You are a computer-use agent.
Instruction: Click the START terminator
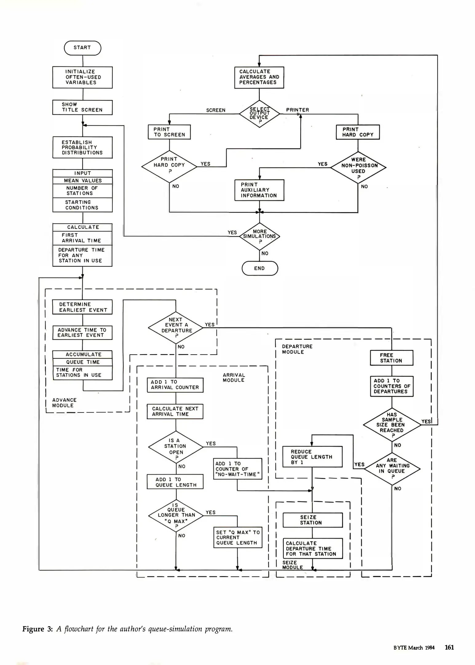tap(82, 48)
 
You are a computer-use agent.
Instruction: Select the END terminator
tap(260, 268)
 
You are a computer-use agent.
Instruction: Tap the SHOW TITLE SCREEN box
tap(82, 107)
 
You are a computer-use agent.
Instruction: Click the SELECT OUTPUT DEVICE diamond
tap(259, 114)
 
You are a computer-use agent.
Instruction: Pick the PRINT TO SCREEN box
tap(169, 132)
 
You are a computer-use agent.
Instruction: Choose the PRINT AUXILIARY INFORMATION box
tap(259, 190)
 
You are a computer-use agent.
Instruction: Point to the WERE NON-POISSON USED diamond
tap(358, 167)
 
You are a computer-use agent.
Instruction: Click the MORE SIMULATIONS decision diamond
tap(260, 236)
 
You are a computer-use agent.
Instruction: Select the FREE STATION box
tap(391, 358)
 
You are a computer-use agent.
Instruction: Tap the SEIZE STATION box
tap(312, 520)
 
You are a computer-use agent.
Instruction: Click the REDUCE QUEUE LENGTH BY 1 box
tap(312, 457)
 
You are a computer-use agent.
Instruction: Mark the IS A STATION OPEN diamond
tap(176, 447)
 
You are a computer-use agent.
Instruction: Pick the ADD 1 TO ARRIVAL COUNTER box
tap(175, 385)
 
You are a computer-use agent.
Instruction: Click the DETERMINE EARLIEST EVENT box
tap(82, 307)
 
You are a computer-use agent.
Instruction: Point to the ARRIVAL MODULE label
tap(234, 377)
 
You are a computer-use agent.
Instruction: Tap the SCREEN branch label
tap(216, 110)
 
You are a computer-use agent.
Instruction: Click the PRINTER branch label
tap(297, 110)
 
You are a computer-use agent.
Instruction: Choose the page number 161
tap(449, 647)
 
